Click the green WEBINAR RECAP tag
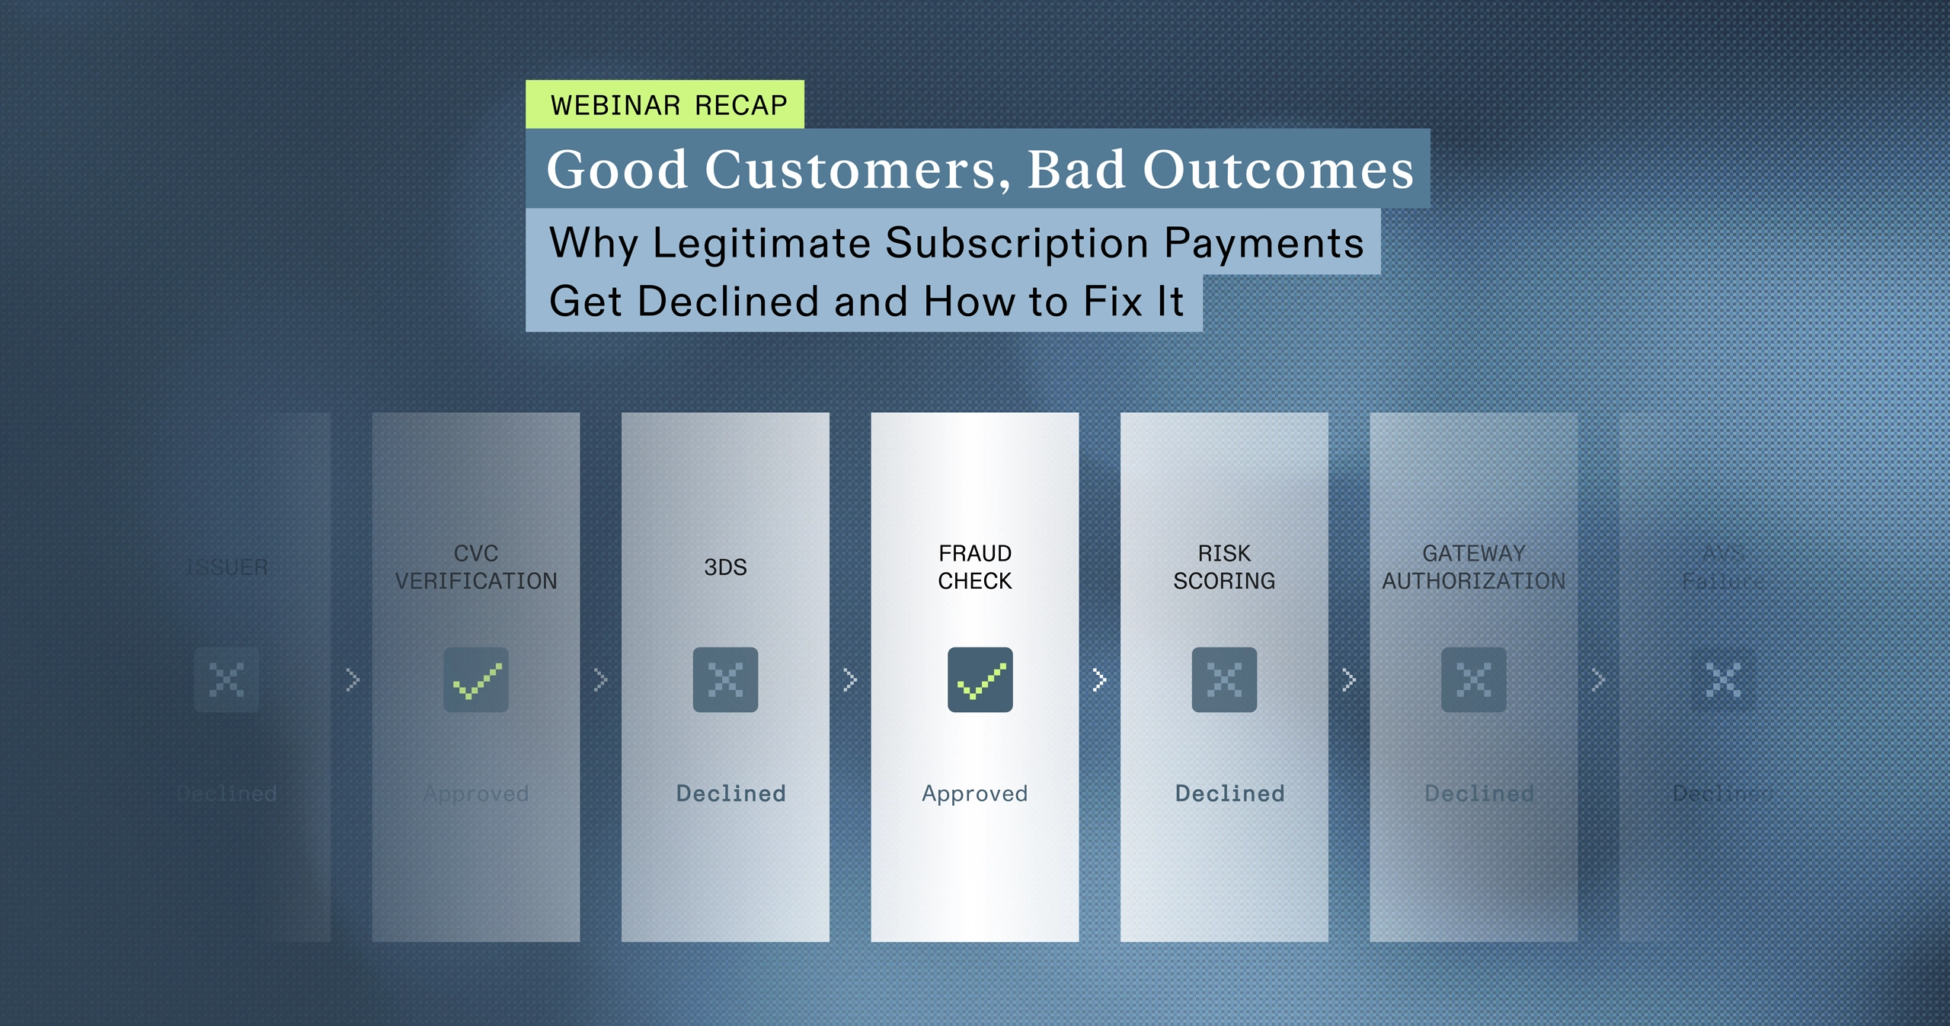pyautogui.click(x=665, y=104)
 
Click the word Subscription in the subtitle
pyautogui.click(x=1017, y=244)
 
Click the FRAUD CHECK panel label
pyautogui.click(x=974, y=567)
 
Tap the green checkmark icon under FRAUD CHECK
pyautogui.click(x=980, y=679)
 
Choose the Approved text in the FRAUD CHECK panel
pyautogui.click(x=974, y=793)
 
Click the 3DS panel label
pyautogui.click(x=725, y=567)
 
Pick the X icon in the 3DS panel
pyautogui.click(x=725, y=679)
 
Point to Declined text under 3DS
pyautogui.click(x=730, y=793)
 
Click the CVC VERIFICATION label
pyautogui.click(x=476, y=567)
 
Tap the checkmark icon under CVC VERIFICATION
pyautogui.click(x=476, y=679)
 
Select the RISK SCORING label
pyautogui.click(x=1224, y=567)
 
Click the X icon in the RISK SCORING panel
pyautogui.click(x=1224, y=679)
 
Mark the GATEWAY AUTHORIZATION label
pyautogui.click(x=1473, y=567)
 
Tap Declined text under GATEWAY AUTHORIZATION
pyautogui.click(x=1478, y=793)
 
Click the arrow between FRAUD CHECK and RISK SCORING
pyautogui.click(x=1099, y=679)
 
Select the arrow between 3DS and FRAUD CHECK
pyautogui.click(x=850, y=679)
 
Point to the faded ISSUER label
pyautogui.click(x=227, y=567)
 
